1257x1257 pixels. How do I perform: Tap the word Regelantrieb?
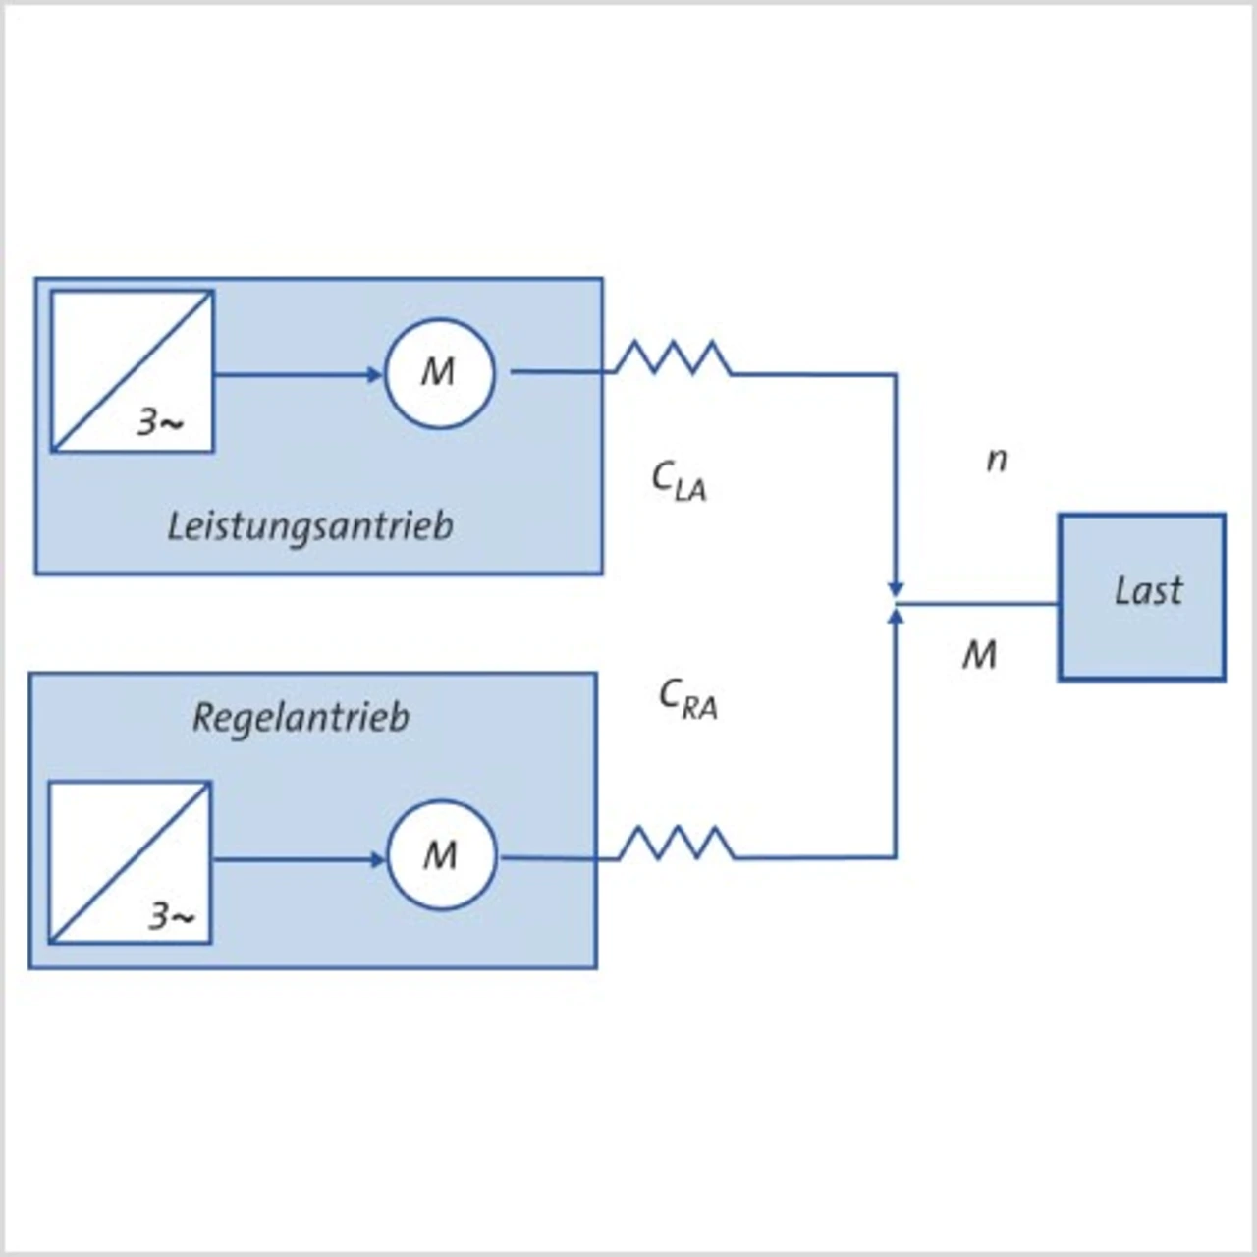[x=301, y=718]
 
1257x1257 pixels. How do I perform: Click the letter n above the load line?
[x=996, y=460]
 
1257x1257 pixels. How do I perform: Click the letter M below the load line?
[x=980, y=655]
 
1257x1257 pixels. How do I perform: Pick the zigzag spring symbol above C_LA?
[x=674, y=357]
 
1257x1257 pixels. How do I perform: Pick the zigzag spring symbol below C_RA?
[x=677, y=843]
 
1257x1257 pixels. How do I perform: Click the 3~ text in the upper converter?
[x=160, y=422]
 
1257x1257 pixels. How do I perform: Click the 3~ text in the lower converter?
[x=172, y=916]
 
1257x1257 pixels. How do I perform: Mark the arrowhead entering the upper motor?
[x=374, y=375]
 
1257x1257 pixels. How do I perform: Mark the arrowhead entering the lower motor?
[x=377, y=860]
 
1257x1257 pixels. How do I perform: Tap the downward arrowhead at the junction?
[x=897, y=588]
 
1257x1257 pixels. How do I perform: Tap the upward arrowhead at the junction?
[x=897, y=616]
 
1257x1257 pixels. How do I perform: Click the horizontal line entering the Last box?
[x=977, y=604]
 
